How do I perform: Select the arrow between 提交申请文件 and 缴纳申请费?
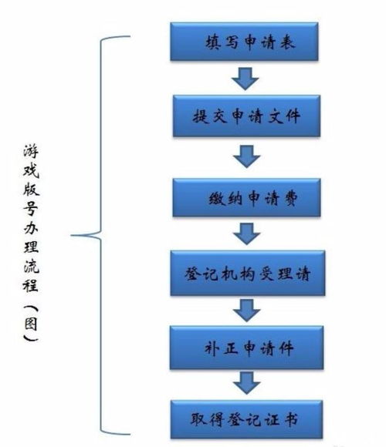click(x=245, y=157)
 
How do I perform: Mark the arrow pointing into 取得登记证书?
click(x=245, y=381)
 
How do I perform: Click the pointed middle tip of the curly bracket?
click(x=73, y=235)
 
